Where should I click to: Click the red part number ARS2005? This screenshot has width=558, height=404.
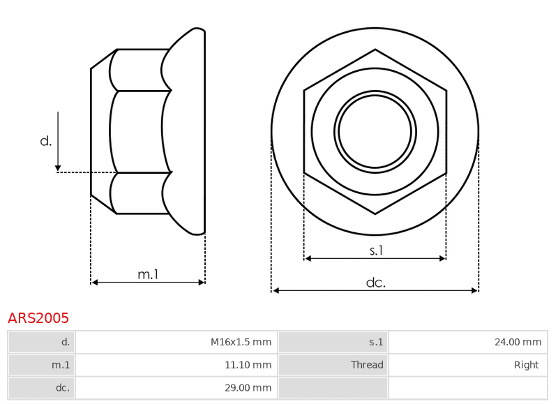[x=38, y=318]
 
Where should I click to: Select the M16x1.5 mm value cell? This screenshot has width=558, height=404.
[x=176, y=342]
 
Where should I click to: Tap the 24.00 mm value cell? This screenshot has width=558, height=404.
[x=468, y=342]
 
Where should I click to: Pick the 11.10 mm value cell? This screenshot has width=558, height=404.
[x=176, y=365]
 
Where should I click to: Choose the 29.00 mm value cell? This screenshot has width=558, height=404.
[x=176, y=388]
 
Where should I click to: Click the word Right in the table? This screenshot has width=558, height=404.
[x=527, y=365]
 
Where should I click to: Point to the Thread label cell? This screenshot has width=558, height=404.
[x=333, y=365]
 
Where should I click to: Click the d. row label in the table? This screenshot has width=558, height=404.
[x=41, y=342]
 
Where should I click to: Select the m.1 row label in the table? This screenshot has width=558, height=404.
[x=41, y=365]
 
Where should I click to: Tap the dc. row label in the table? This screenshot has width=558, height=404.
[x=41, y=388]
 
